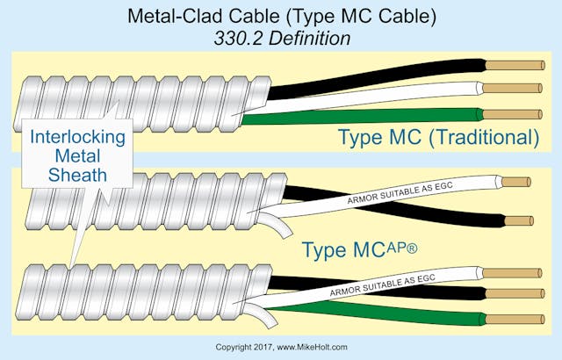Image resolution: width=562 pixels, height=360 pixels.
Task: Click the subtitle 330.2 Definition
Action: [281, 40]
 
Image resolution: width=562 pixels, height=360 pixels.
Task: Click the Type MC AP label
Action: [360, 249]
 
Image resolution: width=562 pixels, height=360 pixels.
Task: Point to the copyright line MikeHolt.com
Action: [281, 348]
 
